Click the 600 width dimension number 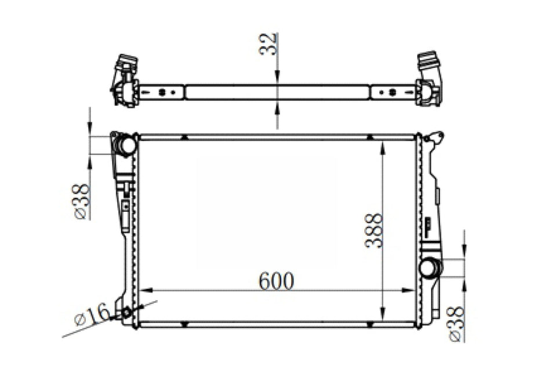tap(276, 281)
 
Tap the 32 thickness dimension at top tap(268, 44)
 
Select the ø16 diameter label tap(92, 315)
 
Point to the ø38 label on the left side tap(82, 201)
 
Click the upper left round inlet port tap(126, 145)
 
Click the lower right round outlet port tap(429, 268)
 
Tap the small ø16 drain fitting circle tap(126, 312)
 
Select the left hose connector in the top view tap(125, 81)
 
